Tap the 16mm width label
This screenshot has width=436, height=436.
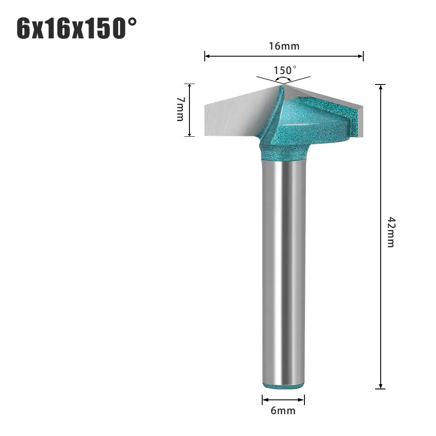284,46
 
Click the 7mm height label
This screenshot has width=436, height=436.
180,109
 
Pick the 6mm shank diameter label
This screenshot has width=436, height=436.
283,411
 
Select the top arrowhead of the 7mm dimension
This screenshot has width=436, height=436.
189,86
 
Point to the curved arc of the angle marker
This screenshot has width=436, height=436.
284,79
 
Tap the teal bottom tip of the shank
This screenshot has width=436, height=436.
283,385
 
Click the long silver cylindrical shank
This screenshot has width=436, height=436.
283,270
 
